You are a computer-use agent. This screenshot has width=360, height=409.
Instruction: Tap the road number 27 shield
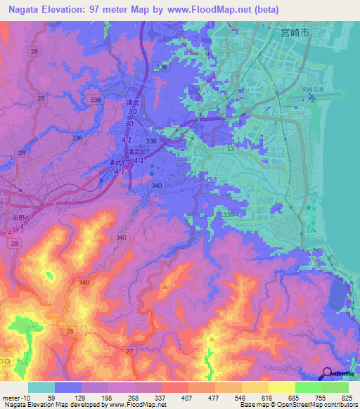[129, 351]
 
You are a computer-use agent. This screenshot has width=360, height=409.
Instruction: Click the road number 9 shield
[207, 53]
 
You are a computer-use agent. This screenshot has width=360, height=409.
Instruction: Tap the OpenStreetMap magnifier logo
[327, 373]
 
